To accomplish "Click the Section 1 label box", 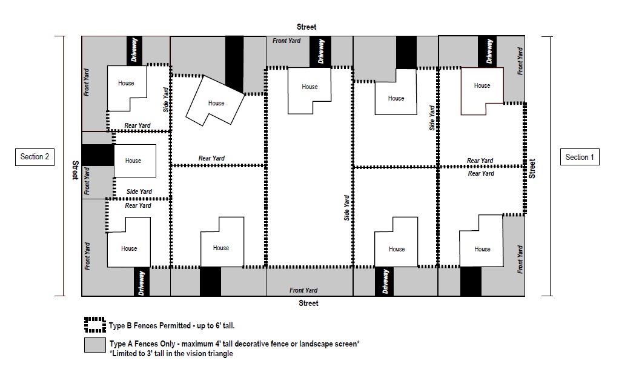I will tap(580, 157).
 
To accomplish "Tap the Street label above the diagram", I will tap(306, 27).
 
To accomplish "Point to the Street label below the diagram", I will tap(308, 303).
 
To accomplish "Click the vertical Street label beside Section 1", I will tap(532, 168).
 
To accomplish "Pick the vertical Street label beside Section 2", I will tap(76, 171).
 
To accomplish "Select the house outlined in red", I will tap(482, 90).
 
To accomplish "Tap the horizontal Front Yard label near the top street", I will tap(288, 41).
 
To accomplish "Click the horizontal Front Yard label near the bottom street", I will tap(303, 290).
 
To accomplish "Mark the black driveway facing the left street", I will tap(97, 154).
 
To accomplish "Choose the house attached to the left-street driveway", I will tap(134, 161).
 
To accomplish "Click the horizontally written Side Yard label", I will tap(139, 192).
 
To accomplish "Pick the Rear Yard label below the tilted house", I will tap(211, 159).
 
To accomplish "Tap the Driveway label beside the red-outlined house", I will tap(489, 51).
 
